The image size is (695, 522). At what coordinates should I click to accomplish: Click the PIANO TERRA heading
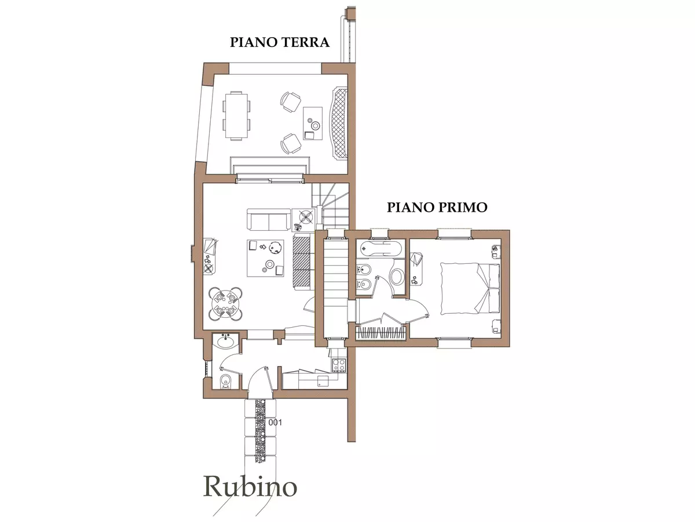[280, 42]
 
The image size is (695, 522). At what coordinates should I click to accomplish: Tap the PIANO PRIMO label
[437, 207]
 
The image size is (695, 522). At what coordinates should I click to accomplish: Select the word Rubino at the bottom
[250, 487]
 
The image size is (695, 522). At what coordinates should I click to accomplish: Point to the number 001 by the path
[275, 423]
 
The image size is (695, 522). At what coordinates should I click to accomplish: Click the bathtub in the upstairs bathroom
[379, 249]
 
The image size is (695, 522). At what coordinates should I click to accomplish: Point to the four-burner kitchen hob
[338, 365]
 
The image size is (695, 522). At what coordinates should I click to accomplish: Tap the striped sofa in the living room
[302, 262]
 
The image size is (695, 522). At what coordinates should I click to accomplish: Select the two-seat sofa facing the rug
[269, 220]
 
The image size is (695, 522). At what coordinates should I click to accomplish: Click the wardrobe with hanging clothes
[380, 333]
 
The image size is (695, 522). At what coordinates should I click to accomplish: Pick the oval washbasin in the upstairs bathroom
[398, 276]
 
